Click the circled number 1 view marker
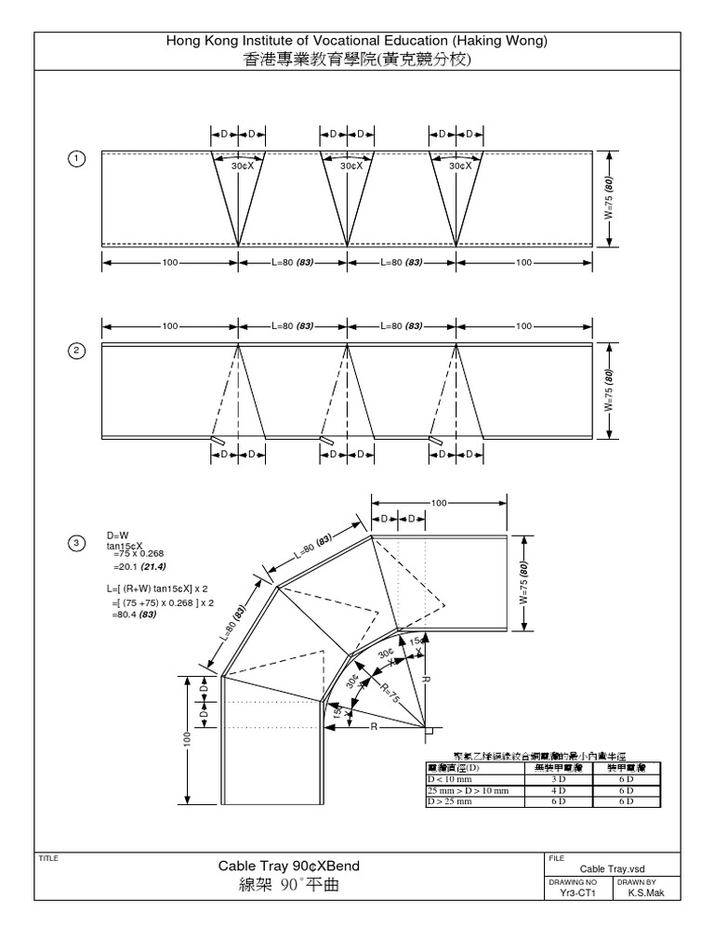click(77, 159)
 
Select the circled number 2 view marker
click(77, 351)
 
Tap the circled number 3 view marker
click(77, 543)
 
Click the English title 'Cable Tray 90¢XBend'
click(288, 866)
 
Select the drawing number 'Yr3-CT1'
click(577, 892)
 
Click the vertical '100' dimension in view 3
click(189, 739)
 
